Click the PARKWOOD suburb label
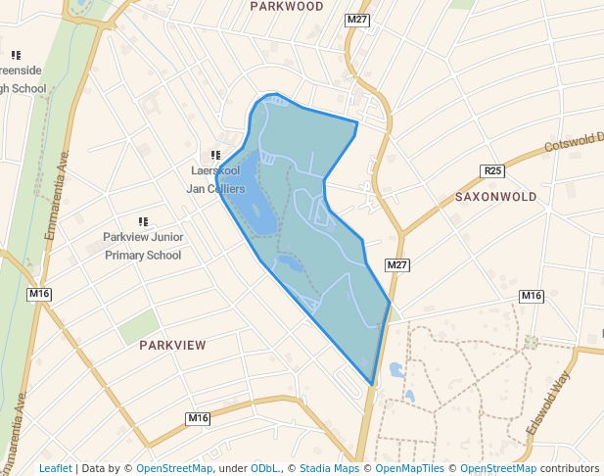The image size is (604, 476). coord(286,6)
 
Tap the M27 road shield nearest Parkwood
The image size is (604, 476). coord(355,20)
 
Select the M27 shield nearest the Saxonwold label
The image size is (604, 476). coord(395,265)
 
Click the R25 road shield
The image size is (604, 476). coord(492,171)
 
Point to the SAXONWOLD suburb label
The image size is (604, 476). coord(496,197)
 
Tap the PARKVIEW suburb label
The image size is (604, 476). coord(172,346)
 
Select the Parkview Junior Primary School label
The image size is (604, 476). coord(143,246)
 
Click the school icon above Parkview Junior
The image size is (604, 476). coord(143,222)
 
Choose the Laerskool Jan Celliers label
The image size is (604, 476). coord(214,178)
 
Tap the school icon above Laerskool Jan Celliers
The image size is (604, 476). coord(215,155)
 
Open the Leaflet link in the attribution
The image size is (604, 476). coord(55,468)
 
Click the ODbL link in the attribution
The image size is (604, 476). coord(264,468)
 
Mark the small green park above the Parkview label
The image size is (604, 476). coord(139,326)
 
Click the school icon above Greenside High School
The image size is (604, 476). coord(16,56)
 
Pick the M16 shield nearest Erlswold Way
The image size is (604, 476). coord(531,296)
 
